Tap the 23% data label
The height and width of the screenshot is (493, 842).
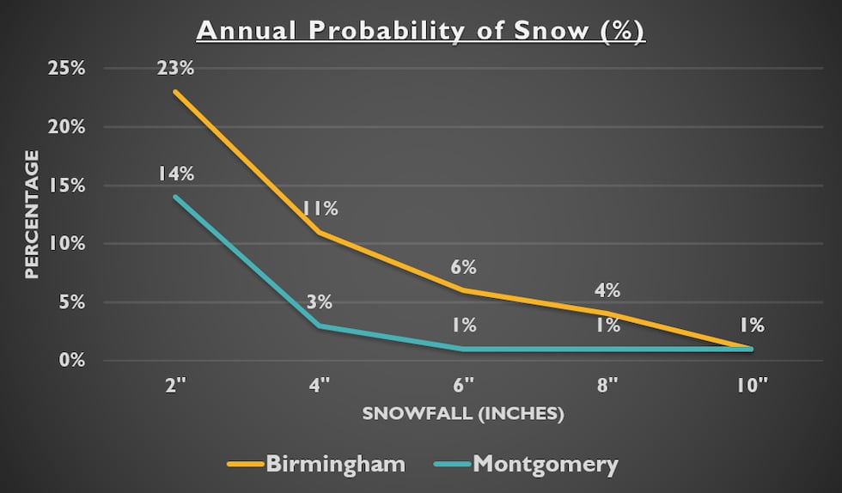click(x=175, y=67)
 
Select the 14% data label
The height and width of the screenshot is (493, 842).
click(x=175, y=173)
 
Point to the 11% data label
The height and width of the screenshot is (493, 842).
click(x=320, y=209)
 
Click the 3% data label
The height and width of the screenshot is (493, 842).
click(x=320, y=302)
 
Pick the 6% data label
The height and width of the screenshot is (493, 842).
click(x=464, y=267)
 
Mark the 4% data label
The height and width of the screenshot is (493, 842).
click(x=607, y=290)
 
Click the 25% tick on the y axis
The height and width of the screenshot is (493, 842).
click(x=65, y=68)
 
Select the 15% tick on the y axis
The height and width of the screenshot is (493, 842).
click(x=65, y=185)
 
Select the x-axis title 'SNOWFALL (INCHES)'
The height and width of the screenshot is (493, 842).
click(x=462, y=413)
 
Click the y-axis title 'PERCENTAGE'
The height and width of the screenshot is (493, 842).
click(x=31, y=214)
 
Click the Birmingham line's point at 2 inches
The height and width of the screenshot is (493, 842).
click(x=175, y=92)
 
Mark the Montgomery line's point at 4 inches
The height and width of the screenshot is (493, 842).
click(x=320, y=326)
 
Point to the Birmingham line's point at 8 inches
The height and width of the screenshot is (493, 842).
click(x=607, y=313)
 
